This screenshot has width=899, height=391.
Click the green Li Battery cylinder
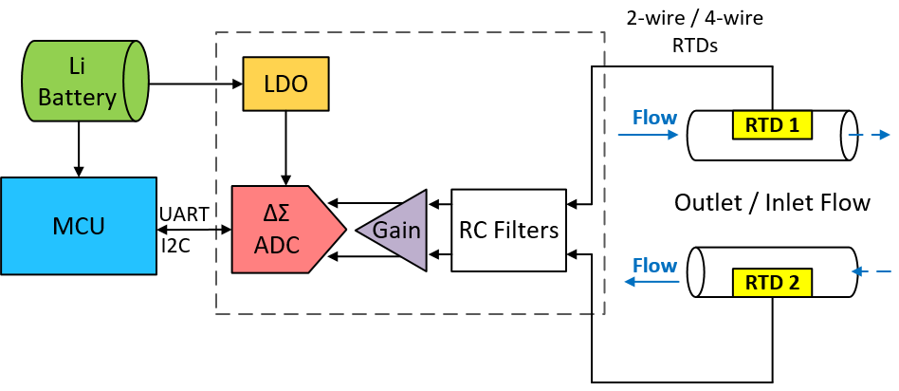[x=83, y=81]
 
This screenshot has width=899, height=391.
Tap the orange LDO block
[x=285, y=84]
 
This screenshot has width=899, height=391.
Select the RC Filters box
[x=508, y=230]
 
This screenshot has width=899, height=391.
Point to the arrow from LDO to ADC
[x=285, y=148]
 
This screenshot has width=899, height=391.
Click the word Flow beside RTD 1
[x=654, y=118]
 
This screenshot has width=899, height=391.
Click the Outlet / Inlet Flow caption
[x=771, y=202]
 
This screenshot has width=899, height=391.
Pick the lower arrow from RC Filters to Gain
[x=439, y=254]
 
